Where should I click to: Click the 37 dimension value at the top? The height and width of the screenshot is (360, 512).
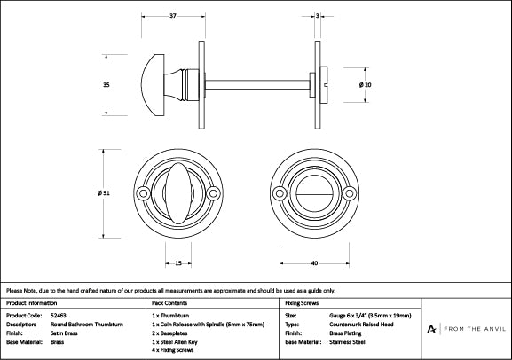(172, 15)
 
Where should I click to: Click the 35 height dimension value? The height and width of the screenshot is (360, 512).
(106, 84)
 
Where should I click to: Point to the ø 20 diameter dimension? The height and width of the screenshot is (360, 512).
(364, 84)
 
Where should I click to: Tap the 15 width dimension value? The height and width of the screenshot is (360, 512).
(178, 263)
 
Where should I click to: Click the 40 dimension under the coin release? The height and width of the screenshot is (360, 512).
(314, 263)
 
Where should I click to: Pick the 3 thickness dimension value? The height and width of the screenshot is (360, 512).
(317, 15)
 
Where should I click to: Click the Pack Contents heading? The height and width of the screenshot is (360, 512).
(170, 302)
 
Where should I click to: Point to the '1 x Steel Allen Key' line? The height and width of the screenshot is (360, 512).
(181, 341)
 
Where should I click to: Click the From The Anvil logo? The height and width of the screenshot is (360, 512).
(468, 329)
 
